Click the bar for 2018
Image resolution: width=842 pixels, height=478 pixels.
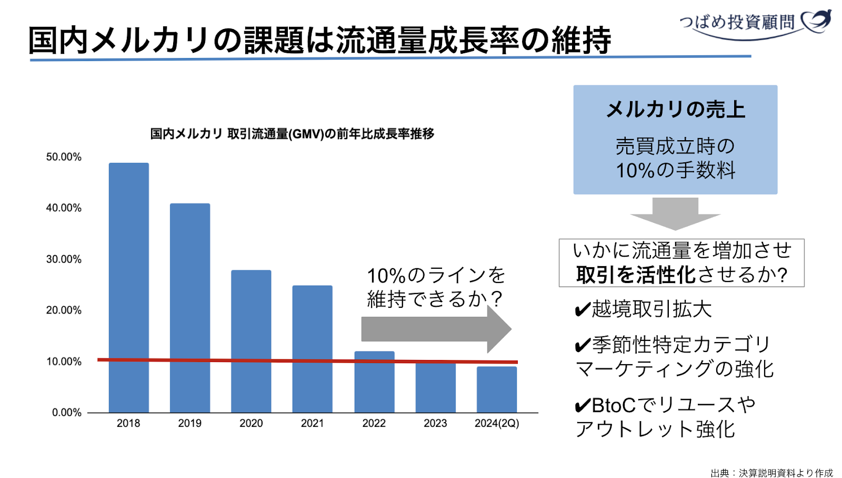click(129, 287)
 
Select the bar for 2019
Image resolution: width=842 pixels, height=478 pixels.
click(190, 308)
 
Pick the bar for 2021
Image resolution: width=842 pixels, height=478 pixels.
click(313, 348)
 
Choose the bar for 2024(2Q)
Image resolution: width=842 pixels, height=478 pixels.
click(497, 389)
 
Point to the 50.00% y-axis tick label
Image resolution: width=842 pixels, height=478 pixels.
click(64, 157)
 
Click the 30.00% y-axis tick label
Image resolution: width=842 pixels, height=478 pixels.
click(64, 259)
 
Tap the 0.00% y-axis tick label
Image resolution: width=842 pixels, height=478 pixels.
click(67, 413)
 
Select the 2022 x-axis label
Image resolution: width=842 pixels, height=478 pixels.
click(374, 423)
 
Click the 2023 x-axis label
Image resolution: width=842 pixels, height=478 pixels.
click(435, 423)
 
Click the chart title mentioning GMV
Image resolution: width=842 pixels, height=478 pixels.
click(292, 134)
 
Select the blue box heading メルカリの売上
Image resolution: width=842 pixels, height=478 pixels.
click(676, 110)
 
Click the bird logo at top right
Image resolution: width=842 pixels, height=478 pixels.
click(816, 21)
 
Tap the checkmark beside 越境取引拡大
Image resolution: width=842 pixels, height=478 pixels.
click(583, 309)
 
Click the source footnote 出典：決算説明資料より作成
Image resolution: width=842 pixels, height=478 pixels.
click(771, 473)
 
